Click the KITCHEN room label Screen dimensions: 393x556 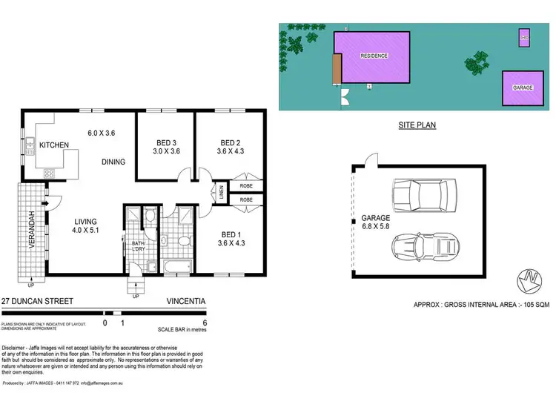54,145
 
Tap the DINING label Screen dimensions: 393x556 113,162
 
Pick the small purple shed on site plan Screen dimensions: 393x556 523,37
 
